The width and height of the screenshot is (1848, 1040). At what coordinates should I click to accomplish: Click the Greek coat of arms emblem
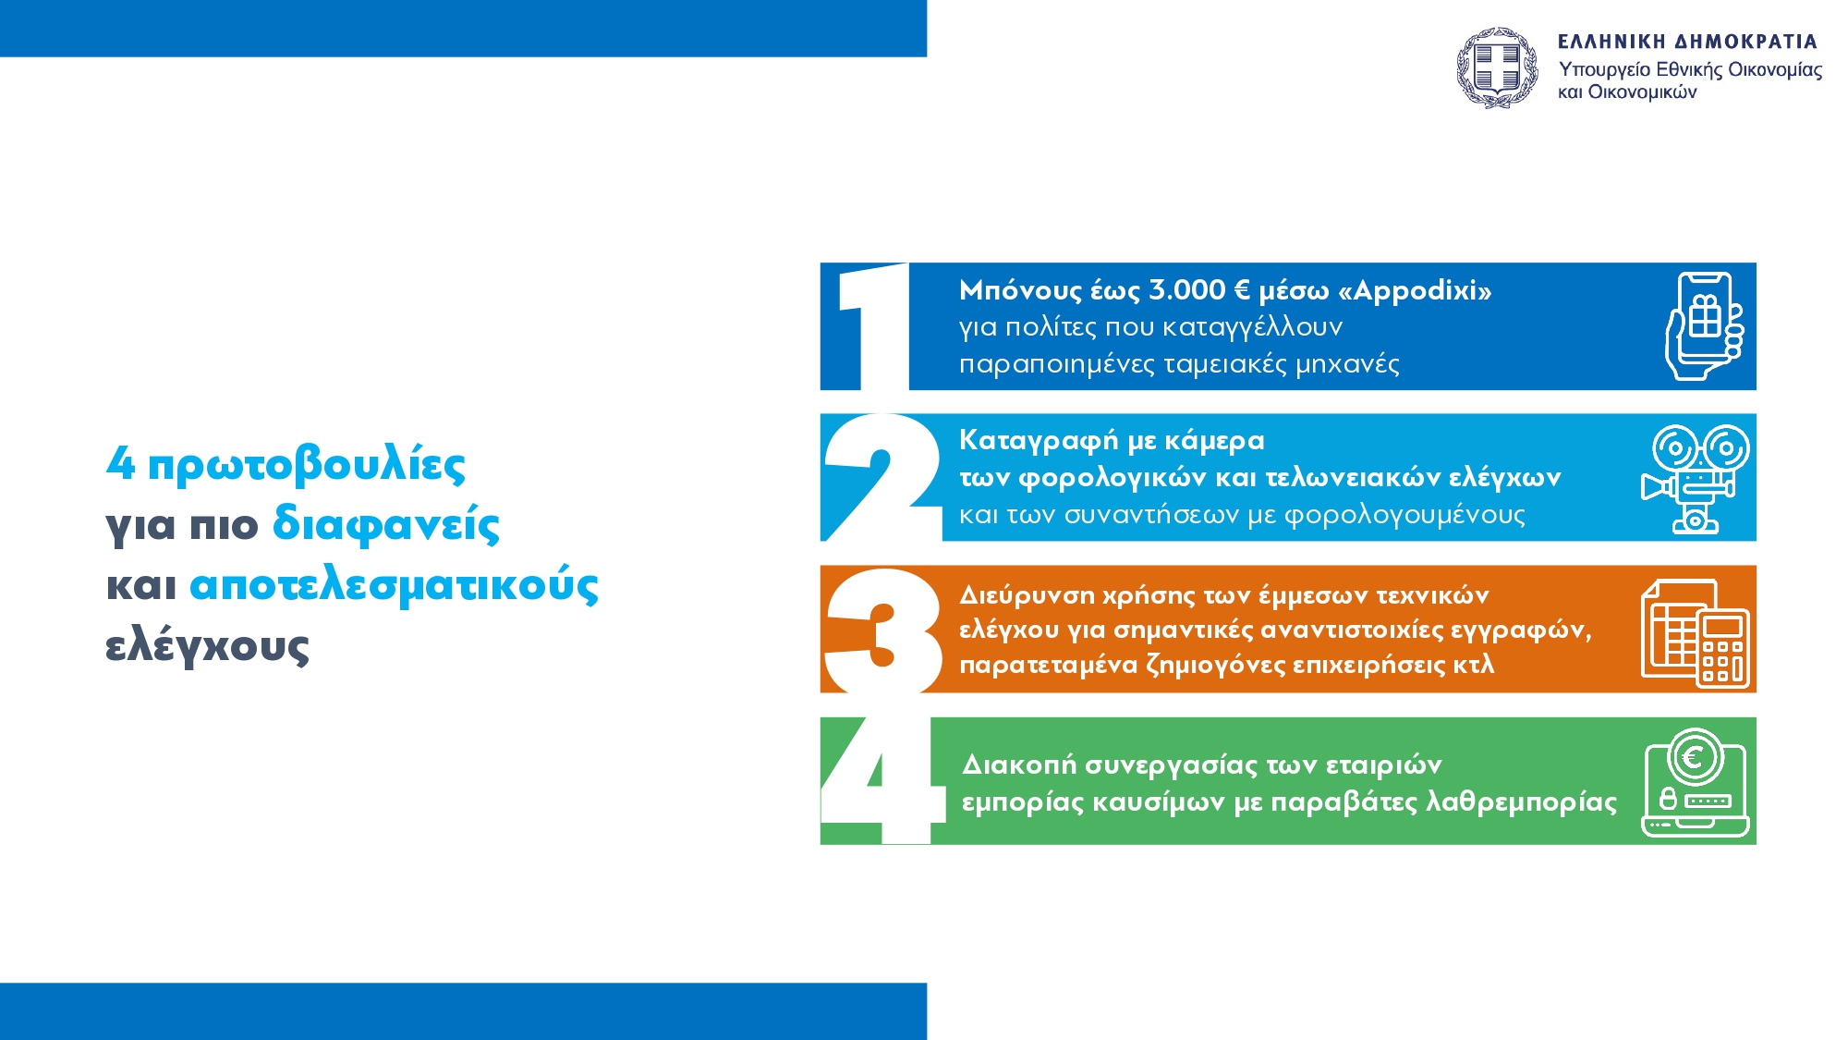click(x=1497, y=67)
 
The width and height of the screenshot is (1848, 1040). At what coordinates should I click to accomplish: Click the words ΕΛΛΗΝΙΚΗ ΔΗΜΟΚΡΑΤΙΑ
click(x=1687, y=42)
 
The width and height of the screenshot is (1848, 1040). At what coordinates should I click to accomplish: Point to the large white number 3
click(x=883, y=630)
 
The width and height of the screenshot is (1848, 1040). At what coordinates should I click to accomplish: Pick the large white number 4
click(x=882, y=781)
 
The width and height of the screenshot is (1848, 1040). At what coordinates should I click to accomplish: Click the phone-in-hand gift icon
click(x=1704, y=326)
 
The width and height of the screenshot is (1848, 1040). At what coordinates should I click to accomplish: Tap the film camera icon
click(x=1695, y=479)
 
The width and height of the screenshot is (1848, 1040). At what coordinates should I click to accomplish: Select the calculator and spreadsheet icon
click(x=1696, y=633)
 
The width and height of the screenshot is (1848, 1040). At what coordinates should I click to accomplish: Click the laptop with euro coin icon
click(x=1696, y=782)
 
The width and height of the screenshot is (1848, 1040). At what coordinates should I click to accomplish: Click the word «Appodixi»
click(x=1415, y=291)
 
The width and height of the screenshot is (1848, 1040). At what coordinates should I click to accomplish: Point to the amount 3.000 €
click(x=1198, y=290)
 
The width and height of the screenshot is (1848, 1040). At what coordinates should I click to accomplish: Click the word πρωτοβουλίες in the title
click(x=306, y=465)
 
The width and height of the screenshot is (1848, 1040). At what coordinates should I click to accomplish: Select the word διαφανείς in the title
click(x=386, y=523)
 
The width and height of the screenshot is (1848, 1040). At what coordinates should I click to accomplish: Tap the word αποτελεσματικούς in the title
click(x=395, y=585)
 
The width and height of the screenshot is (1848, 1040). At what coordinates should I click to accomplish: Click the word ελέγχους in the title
click(x=207, y=645)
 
